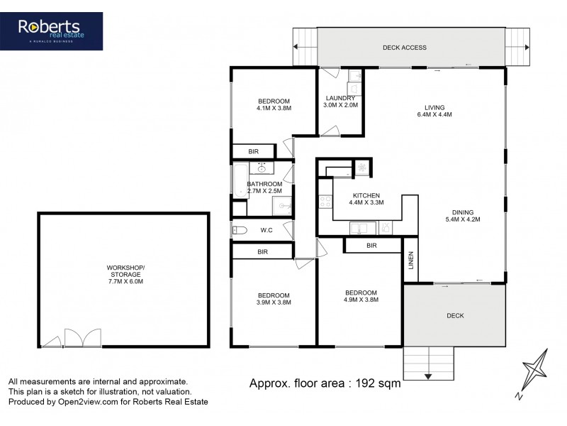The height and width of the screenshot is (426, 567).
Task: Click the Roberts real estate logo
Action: tap(60, 31)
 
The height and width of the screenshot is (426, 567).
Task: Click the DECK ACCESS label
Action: tap(404, 48)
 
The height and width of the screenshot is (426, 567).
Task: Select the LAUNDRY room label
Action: tap(340, 98)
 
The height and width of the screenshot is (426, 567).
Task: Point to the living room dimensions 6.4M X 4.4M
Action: tap(434, 114)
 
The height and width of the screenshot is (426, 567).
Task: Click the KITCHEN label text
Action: tap(365, 196)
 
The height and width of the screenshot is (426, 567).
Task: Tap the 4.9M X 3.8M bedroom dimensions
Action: tap(361, 300)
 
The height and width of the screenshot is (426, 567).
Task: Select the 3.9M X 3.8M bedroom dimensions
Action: tap(273, 302)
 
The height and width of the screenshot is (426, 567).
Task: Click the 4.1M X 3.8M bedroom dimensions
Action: tap(274, 108)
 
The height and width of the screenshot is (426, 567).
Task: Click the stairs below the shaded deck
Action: tap(428, 365)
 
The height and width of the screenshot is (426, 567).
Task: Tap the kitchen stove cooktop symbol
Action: tap(325, 201)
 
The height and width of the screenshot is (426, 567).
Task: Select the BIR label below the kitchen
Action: tap(371, 246)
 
